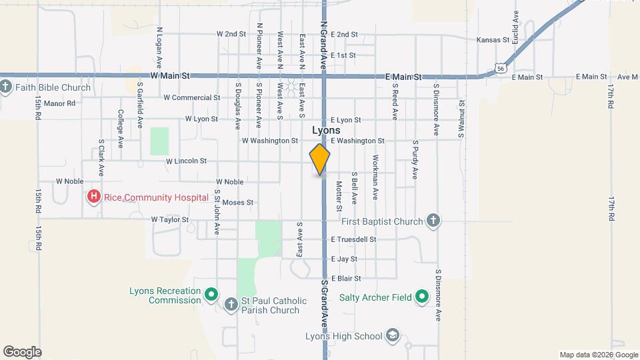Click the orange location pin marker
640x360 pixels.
320,160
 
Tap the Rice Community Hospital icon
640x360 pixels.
94,197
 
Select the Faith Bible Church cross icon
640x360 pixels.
5,87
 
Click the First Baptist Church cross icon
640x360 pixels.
433,221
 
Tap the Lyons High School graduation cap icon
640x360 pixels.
393,336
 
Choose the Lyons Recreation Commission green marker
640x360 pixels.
211,293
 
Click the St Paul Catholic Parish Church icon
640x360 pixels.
231,305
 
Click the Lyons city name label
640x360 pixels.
326,131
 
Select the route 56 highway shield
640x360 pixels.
501,68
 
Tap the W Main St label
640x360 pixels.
170,76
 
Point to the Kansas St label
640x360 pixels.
493,40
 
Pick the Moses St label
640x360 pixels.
238,202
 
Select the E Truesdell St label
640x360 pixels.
353,239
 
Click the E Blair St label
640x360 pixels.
345,278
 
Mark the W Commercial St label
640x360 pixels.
191,97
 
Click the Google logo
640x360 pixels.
22,351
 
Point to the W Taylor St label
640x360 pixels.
169,219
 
